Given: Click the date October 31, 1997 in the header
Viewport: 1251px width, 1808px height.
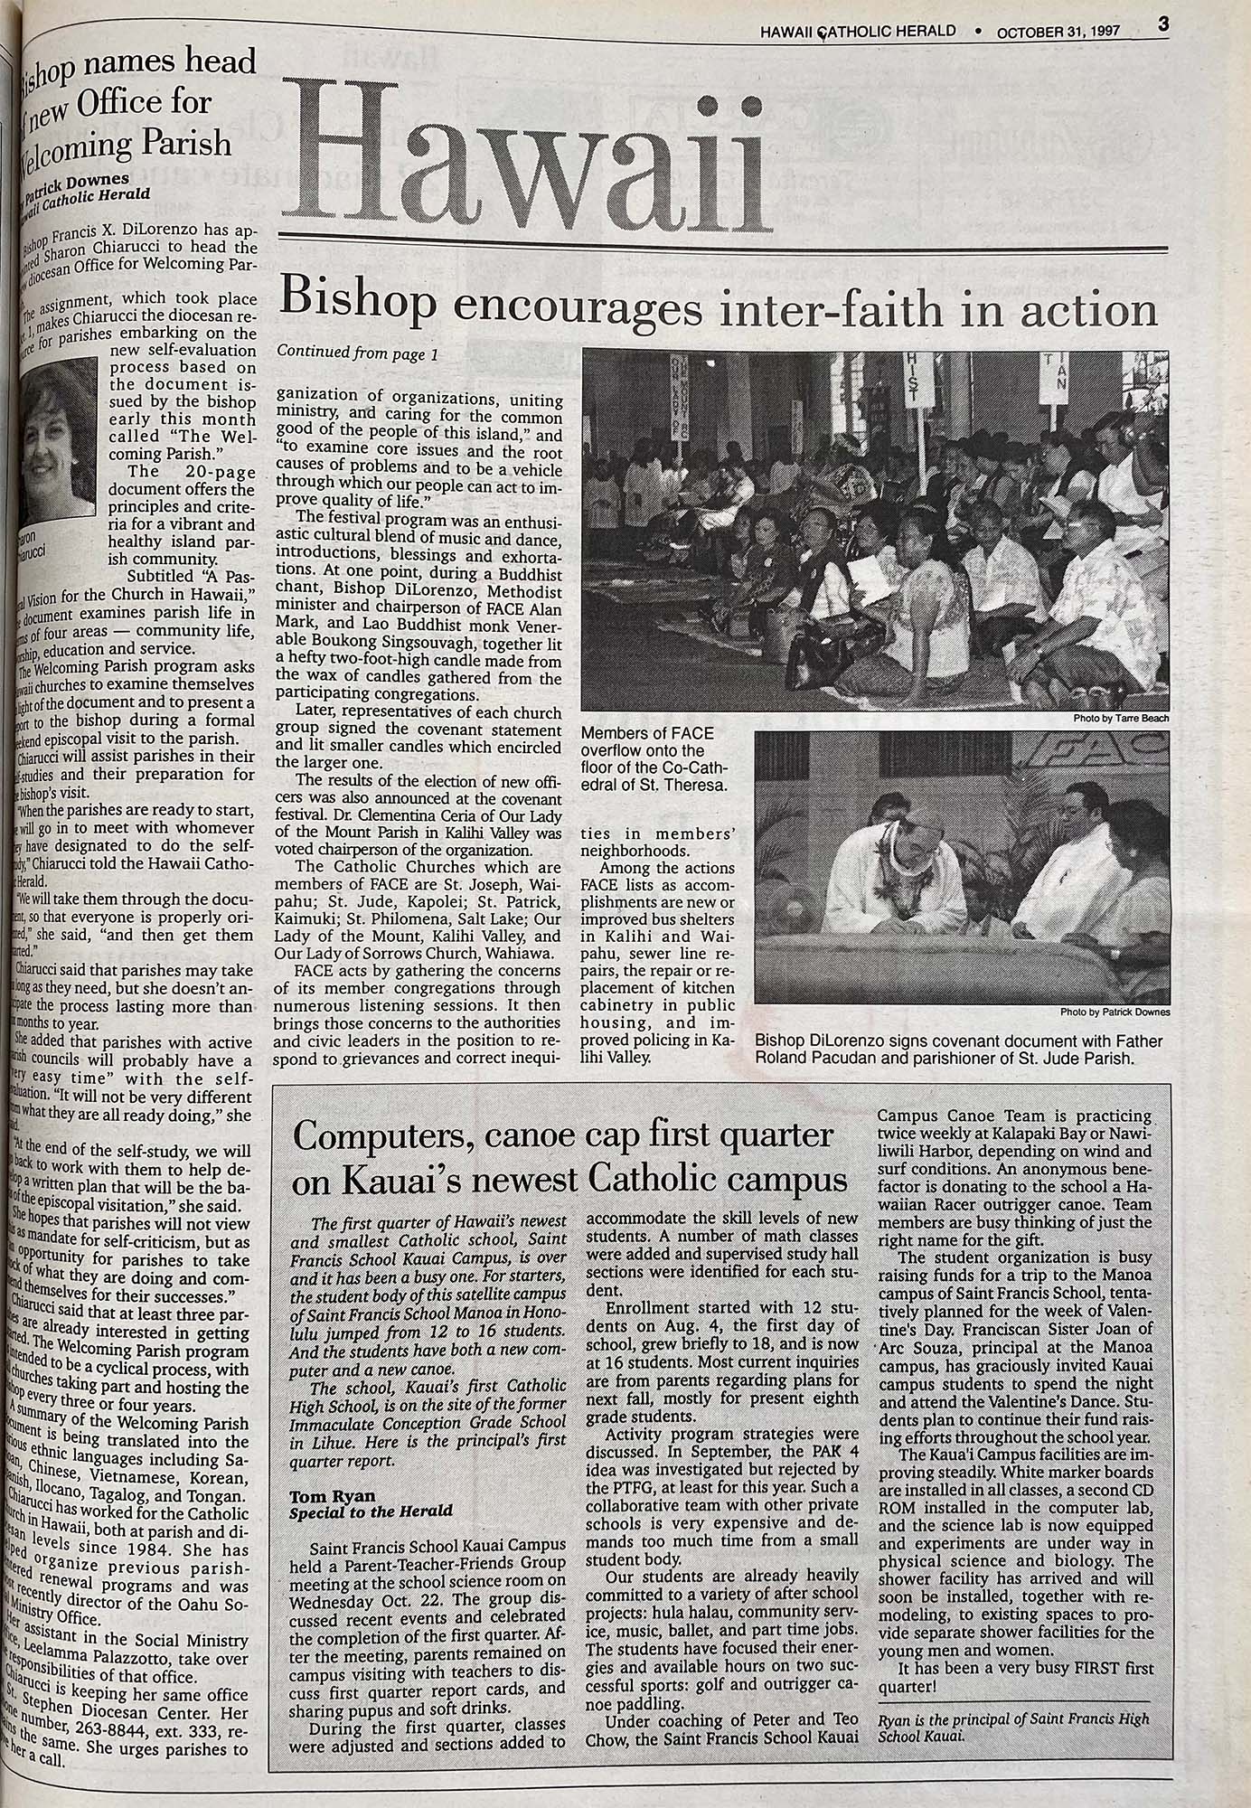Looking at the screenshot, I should click(x=1058, y=32).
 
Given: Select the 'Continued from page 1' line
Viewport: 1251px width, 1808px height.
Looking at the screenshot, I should click(x=357, y=354).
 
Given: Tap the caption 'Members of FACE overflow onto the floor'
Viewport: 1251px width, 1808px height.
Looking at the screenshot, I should click(x=653, y=758).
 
